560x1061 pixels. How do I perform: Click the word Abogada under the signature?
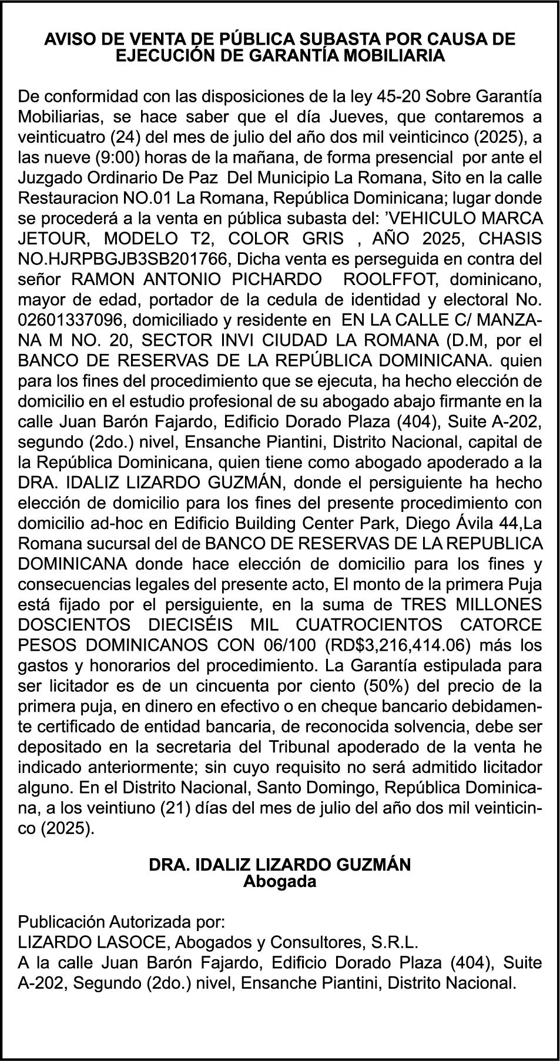280,882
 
